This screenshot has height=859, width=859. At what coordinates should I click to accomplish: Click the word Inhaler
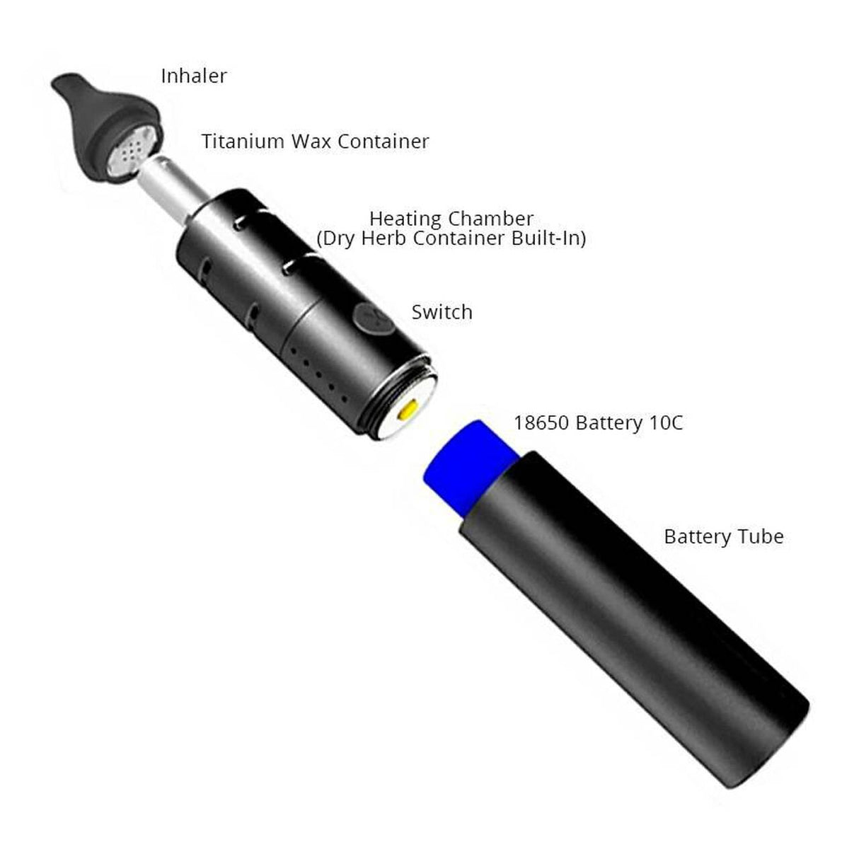194,76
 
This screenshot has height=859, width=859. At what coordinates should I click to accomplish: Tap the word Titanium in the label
243,142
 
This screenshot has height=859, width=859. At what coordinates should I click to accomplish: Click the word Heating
405,219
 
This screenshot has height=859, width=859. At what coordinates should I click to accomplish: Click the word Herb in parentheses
384,238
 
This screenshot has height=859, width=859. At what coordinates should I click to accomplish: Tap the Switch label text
442,312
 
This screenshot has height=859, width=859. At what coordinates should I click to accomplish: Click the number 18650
542,423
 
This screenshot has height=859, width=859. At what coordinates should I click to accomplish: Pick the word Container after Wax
383,142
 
